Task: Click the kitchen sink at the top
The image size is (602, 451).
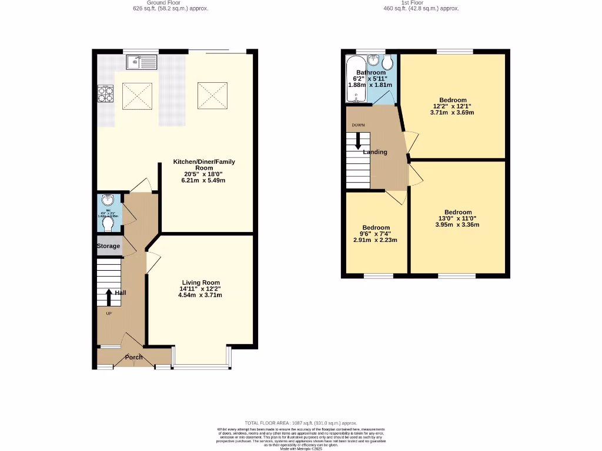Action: [142, 62]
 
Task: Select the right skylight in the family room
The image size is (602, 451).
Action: [212, 95]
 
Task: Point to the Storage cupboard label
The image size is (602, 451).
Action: [108, 246]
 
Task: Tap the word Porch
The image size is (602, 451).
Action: [134, 357]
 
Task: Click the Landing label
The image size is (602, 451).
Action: [375, 152]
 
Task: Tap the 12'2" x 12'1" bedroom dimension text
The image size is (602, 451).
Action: [452, 106]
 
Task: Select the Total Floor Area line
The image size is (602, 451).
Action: [300, 423]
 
